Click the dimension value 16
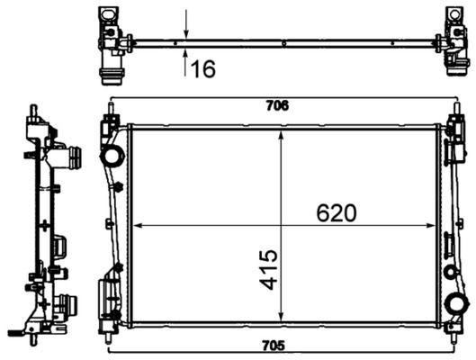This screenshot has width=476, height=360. click(x=203, y=68)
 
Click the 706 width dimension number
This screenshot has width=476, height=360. click(x=280, y=105)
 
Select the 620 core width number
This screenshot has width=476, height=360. click(x=336, y=212)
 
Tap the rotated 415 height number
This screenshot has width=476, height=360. click(x=269, y=269)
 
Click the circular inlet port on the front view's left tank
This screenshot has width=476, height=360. click(x=113, y=157)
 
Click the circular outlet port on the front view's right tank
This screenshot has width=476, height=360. click(x=455, y=303)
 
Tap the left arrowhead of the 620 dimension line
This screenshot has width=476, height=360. click(x=137, y=225)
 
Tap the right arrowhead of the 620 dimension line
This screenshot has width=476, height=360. click(x=435, y=225)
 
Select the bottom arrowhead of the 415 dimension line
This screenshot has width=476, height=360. click(x=283, y=319)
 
